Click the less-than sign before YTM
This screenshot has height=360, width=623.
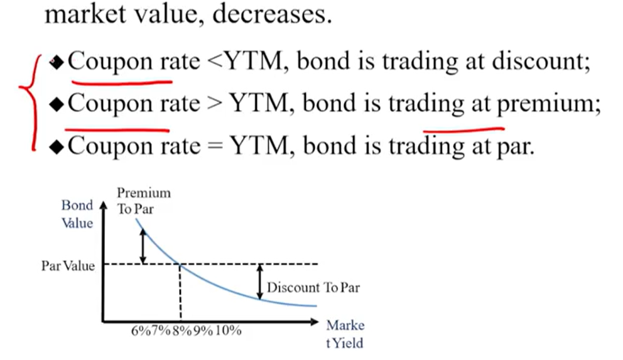click(x=215, y=62)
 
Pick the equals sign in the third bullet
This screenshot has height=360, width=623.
click(x=215, y=146)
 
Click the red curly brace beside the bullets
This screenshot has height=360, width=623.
click(x=31, y=102)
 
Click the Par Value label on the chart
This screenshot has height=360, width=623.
click(x=68, y=265)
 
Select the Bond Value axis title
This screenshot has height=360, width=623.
click(x=77, y=214)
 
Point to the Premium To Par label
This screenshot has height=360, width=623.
click(x=143, y=200)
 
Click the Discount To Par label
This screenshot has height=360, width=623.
click(x=313, y=287)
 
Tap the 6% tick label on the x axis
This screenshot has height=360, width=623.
click(x=141, y=330)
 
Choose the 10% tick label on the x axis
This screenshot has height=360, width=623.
click(x=228, y=330)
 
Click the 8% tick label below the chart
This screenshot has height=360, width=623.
click(x=182, y=330)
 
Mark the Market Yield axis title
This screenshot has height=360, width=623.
click(x=345, y=334)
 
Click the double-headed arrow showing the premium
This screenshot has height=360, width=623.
click(x=143, y=246)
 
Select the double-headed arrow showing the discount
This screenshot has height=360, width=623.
click(x=260, y=281)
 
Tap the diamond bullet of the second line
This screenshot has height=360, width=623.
click(x=57, y=105)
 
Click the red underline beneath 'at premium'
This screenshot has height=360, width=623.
click(x=463, y=129)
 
